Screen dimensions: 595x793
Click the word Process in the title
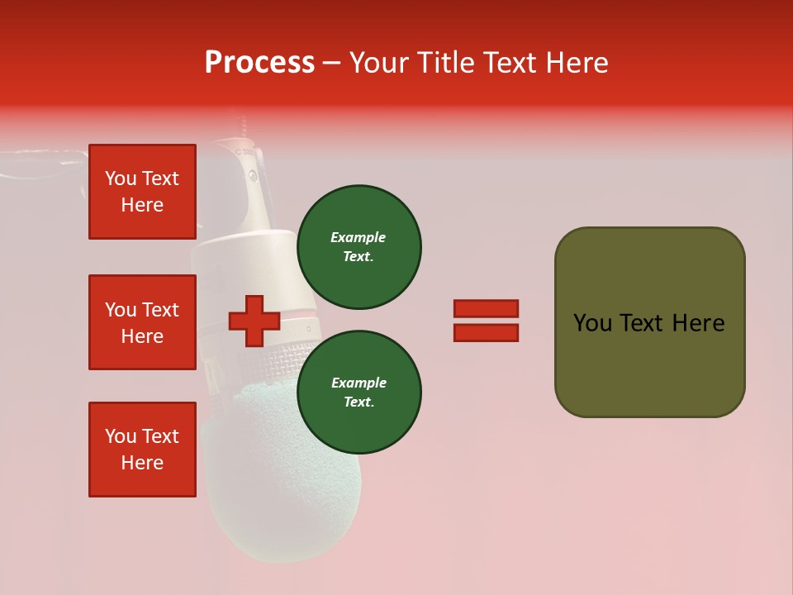[x=259, y=63]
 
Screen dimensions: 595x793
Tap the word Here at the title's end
[x=572, y=63]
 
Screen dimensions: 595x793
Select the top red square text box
[x=142, y=192]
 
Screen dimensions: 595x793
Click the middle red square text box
[x=142, y=322]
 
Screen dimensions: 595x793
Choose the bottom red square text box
[x=142, y=450]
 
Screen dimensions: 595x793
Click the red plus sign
[x=254, y=321]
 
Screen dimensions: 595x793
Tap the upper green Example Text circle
[x=359, y=247]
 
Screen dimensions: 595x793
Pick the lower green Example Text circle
[x=359, y=393]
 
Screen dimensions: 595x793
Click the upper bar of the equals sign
[x=486, y=309]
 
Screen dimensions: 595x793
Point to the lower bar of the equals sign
[x=486, y=333]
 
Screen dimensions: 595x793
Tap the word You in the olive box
[x=592, y=323]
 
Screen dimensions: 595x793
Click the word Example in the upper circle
[x=359, y=238]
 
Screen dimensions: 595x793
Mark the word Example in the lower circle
[x=359, y=383]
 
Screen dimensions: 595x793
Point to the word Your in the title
[x=378, y=63]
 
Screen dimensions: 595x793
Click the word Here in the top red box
[x=142, y=206]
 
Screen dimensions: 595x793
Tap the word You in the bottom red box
[x=120, y=436]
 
